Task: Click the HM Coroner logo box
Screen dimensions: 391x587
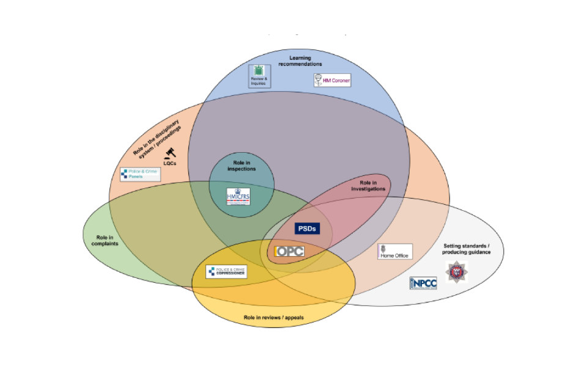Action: click(x=332, y=80)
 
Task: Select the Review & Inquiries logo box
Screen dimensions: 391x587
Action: click(x=259, y=76)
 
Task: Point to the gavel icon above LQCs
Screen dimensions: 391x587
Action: click(x=170, y=153)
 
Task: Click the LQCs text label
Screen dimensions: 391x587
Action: click(x=170, y=163)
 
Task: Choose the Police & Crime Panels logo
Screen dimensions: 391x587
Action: click(x=140, y=175)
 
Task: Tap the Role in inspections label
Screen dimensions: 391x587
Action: click(x=242, y=166)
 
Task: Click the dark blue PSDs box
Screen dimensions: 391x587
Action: click(x=308, y=228)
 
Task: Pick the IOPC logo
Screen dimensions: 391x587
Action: click(x=289, y=251)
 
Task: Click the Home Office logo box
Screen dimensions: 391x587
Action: click(x=394, y=252)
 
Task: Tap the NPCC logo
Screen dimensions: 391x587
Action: click(x=423, y=283)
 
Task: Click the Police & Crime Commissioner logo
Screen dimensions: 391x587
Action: click(x=226, y=271)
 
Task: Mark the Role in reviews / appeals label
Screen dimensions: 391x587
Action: click(x=273, y=318)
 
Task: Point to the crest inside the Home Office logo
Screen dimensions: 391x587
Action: click(x=384, y=249)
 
